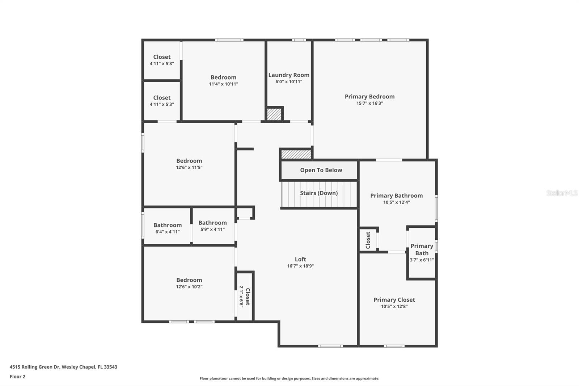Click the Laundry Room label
(x=289, y=75)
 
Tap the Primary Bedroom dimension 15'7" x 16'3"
(x=369, y=103)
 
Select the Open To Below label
(x=321, y=170)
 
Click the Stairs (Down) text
(x=319, y=193)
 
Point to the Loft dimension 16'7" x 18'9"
(x=300, y=266)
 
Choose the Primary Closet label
(x=394, y=300)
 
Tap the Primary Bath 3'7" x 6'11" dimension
(x=422, y=260)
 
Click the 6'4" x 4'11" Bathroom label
(x=168, y=225)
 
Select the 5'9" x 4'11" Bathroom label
(x=212, y=223)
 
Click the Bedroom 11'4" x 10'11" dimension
(x=223, y=84)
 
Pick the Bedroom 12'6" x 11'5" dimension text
(x=189, y=168)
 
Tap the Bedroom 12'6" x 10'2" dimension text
(x=189, y=287)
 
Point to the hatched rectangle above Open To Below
(x=296, y=154)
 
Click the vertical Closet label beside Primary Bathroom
(x=368, y=240)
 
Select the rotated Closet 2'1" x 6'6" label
(x=245, y=297)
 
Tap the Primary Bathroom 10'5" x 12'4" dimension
(x=396, y=202)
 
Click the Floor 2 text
(x=17, y=377)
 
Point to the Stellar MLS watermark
(x=562, y=193)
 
